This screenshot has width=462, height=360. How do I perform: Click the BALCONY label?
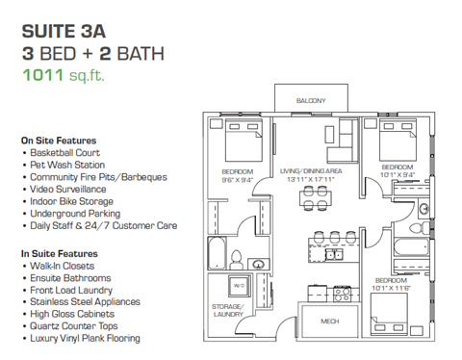(x=310, y=100)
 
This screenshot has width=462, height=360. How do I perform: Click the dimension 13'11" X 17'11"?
(x=306, y=180)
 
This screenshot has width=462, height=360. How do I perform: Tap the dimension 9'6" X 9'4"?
(x=237, y=179)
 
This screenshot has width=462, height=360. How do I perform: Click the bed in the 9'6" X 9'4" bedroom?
(x=237, y=144)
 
